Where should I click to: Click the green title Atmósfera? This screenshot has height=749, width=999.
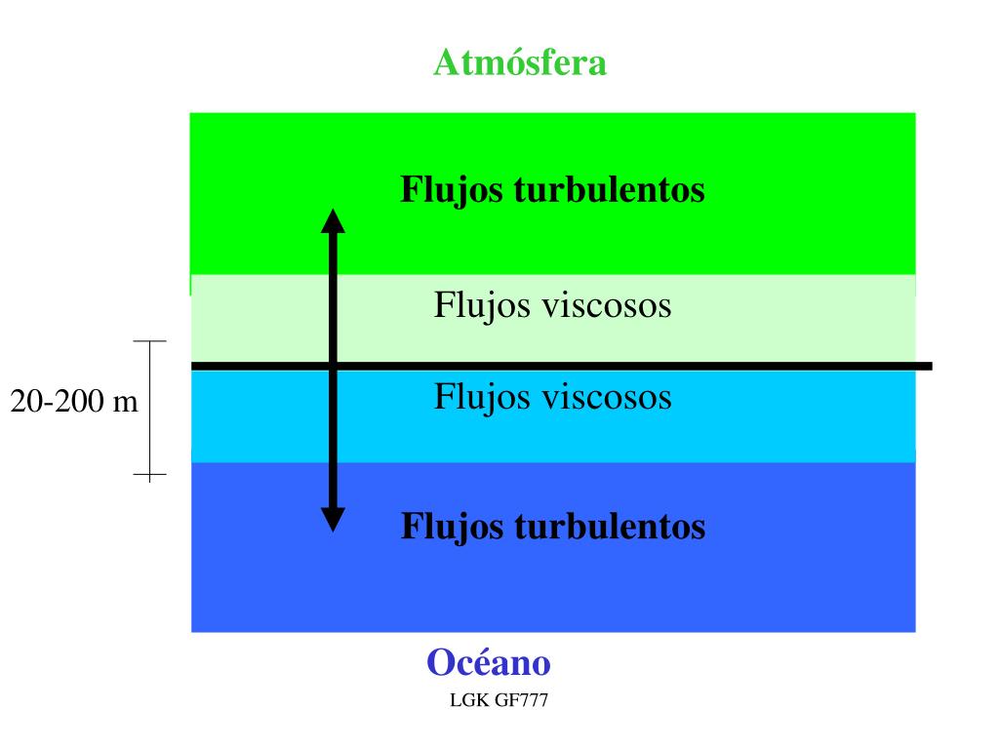[x=520, y=62]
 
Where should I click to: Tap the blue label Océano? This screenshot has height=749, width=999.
[x=489, y=663]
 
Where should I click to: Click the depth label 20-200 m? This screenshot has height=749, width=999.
[x=74, y=401]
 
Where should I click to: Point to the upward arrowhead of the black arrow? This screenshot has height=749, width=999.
[x=334, y=219]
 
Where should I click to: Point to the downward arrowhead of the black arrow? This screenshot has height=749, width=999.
[x=334, y=520]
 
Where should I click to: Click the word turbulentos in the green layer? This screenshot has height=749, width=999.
[x=608, y=189]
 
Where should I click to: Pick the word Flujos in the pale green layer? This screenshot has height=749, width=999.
[x=475, y=305]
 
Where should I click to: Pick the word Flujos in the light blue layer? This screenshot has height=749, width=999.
[x=475, y=397]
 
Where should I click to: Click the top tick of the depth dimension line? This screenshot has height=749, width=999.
[x=149, y=341]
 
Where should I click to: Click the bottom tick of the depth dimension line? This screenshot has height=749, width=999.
[x=149, y=476]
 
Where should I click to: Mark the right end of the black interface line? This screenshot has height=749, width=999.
[x=929, y=366]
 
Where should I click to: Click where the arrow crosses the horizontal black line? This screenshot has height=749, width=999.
[x=334, y=366]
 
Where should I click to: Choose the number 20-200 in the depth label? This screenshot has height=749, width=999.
[x=57, y=401]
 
